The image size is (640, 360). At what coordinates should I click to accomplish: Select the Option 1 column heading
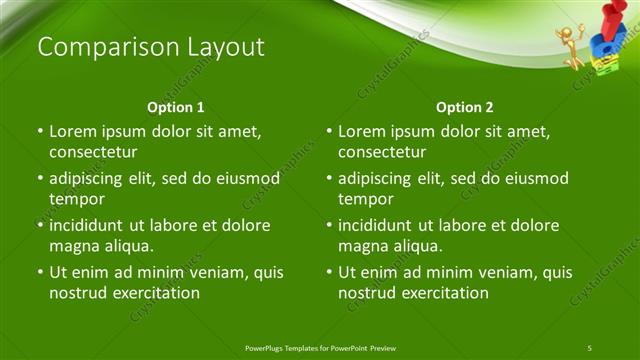tap(176, 107)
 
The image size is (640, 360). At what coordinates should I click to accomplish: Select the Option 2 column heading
tap(465, 107)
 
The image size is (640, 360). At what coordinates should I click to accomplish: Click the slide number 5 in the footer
tap(590, 347)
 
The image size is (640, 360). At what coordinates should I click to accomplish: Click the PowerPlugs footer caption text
tap(320, 347)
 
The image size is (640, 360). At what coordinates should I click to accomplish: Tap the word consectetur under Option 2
tap(382, 152)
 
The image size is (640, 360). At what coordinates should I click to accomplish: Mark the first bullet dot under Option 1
tap(40, 131)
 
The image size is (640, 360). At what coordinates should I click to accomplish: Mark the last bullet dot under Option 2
tap(329, 272)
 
